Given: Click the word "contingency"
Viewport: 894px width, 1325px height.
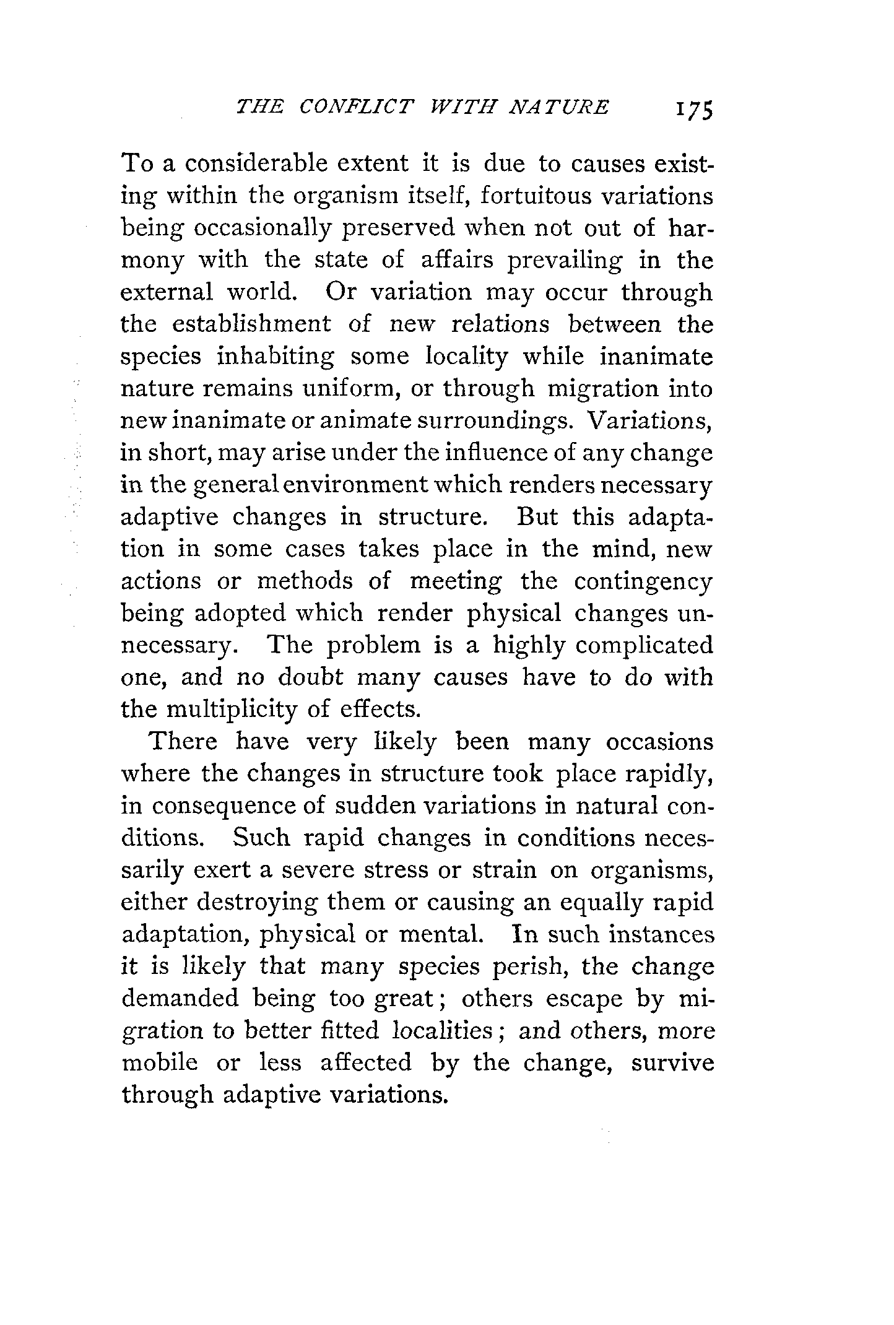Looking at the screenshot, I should pyautogui.click(x=643, y=581).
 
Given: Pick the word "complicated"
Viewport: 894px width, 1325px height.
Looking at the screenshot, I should pyautogui.click(x=644, y=646).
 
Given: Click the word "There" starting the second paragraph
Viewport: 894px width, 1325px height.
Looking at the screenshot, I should pyautogui.click(x=184, y=742).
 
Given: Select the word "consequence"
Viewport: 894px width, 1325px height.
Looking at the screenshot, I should pyautogui.click(x=228, y=806).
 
